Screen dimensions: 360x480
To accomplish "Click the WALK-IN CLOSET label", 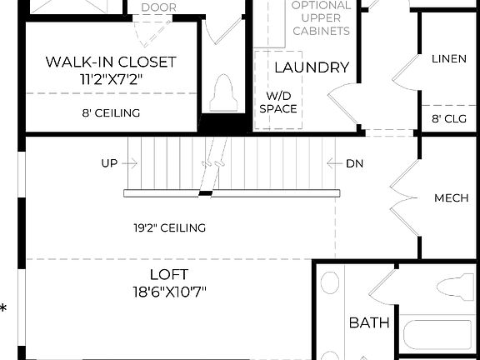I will (110, 62).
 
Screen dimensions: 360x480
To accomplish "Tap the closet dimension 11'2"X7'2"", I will (110, 81).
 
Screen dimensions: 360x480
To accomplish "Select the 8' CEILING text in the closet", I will (110, 112).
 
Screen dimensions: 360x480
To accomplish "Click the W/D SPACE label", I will (277, 102).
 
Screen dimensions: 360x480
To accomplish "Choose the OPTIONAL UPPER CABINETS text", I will (320, 17).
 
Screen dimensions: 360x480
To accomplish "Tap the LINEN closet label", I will (448, 59).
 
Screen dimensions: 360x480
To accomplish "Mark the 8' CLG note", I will (448, 118).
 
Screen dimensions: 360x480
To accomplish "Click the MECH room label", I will (451, 198).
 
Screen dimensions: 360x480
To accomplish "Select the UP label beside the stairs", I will (109, 163).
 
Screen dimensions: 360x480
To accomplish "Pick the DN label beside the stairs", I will (354, 163).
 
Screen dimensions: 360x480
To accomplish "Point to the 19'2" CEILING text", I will (169, 227).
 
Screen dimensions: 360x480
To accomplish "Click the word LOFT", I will (169, 274).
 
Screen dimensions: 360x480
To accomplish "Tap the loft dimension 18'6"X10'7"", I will (169, 292).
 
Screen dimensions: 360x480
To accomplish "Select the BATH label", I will (368, 322).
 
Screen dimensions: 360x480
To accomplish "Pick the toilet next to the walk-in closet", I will (222, 92).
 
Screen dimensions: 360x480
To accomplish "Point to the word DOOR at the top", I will (158, 7).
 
